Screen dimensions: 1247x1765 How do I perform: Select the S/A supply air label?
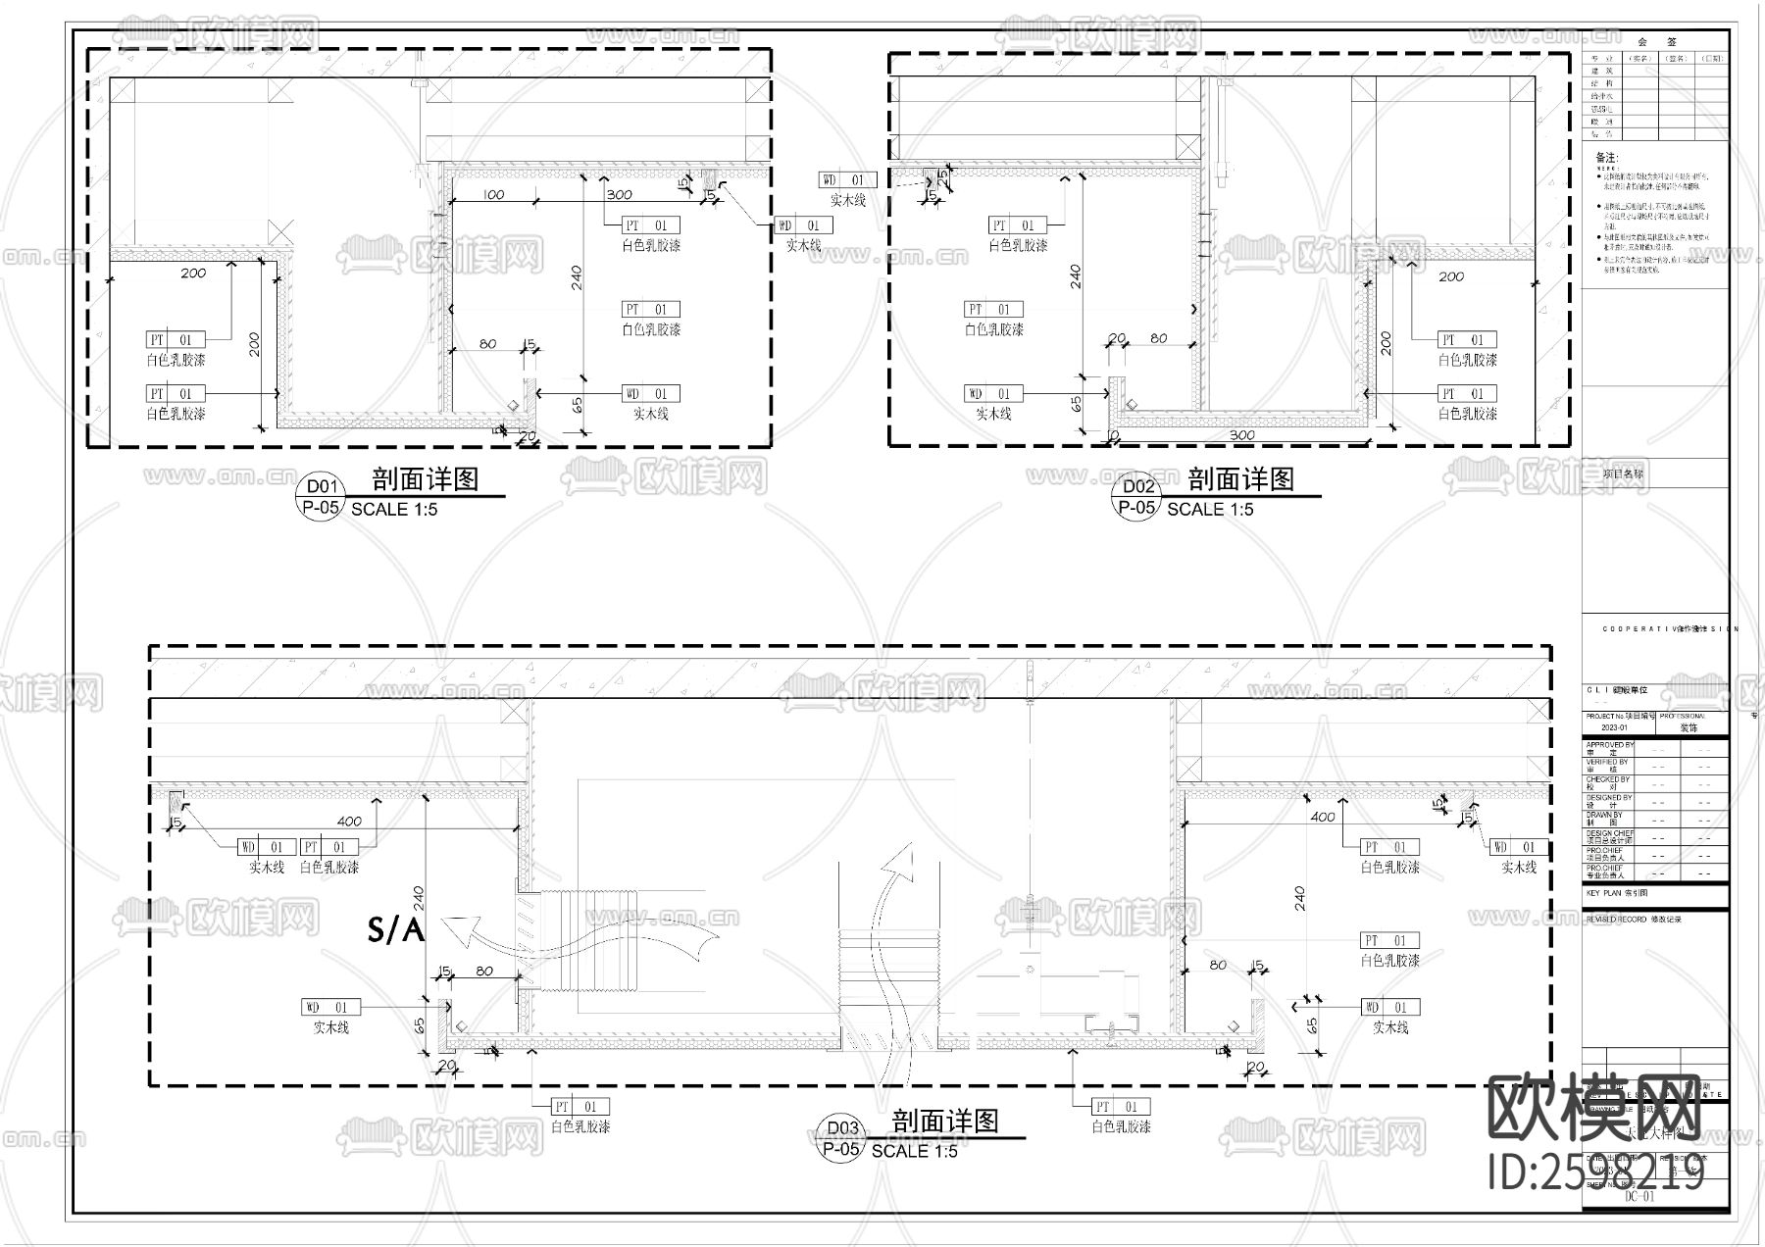pyautogui.click(x=395, y=929)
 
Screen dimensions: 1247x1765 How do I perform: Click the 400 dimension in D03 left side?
pyautogui.click(x=349, y=821)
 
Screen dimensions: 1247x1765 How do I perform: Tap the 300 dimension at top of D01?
pyautogui.click(x=619, y=194)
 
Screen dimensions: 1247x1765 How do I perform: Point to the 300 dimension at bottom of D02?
pyautogui.click(x=1241, y=434)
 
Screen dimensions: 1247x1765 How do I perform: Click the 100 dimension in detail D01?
pyautogui.click(x=493, y=194)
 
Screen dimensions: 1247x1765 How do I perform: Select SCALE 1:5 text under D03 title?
pyautogui.click(x=914, y=1151)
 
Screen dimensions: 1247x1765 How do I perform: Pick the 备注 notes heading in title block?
pyautogui.click(x=1606, y=157)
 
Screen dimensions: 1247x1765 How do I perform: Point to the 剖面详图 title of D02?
pyautogui.click(x=1240, y=479)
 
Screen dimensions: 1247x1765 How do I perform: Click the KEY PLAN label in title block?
pyautogui.click(x=1617, y=894)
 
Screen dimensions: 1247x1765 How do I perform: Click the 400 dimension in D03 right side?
pyautogui.click(x=1323, y=816)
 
